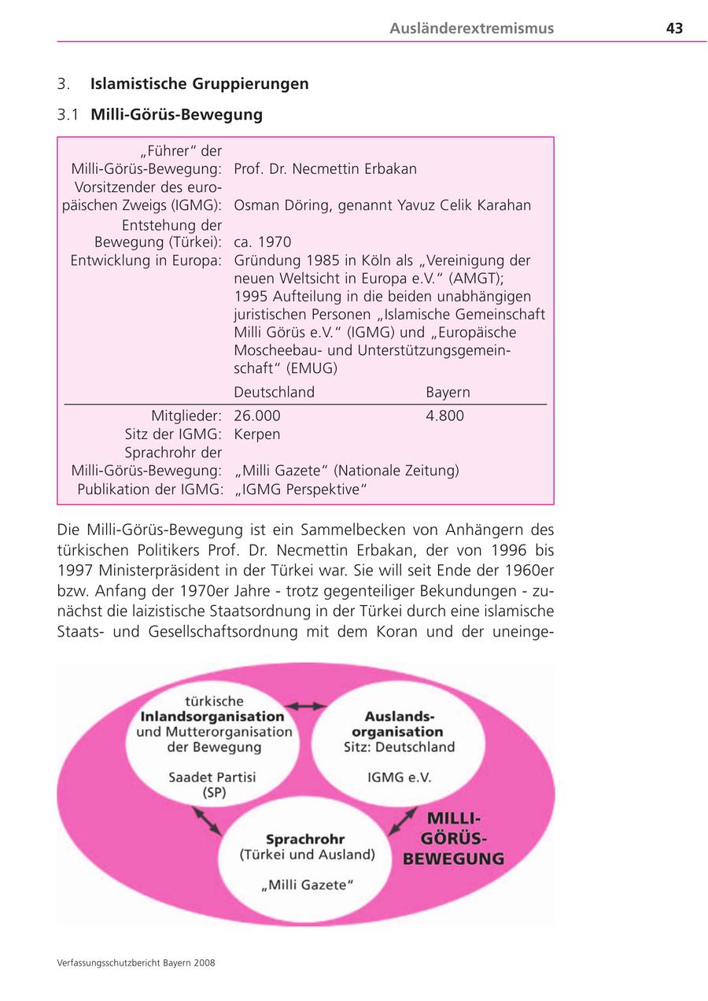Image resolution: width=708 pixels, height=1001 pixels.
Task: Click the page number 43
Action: [x=673, y=28]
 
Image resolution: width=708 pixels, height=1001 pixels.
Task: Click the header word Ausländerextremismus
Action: [x=471, y=28]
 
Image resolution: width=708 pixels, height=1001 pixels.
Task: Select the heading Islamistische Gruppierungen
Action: [x=199, y=83]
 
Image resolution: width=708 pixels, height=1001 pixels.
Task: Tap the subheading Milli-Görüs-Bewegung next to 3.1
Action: [x=176, y=114]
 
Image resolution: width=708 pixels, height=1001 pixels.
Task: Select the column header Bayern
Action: [x=448, y=392]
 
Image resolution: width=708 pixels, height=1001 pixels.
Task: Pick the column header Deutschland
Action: [x=274, y=392]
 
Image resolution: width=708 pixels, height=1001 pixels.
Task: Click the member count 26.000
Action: [x=256, y=416]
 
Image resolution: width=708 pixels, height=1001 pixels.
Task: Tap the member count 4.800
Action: [x=444, y=416]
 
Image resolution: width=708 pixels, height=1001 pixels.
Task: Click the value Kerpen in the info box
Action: [x=256, y=434]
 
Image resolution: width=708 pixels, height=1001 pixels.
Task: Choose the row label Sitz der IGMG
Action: [x=173, y=434]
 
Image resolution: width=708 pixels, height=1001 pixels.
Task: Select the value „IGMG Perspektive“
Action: [x=301, y=489]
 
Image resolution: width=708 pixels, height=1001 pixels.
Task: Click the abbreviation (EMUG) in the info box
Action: [x=312, y=368]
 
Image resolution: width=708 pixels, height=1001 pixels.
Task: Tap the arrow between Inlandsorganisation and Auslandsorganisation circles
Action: [x=305, y=706]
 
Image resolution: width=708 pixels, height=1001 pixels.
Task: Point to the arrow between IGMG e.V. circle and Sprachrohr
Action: [x=403, y=822]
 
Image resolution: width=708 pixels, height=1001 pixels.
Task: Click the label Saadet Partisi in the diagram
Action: [x=212, y=777]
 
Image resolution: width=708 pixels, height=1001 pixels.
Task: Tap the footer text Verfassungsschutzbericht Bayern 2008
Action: [x=136, y=962]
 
